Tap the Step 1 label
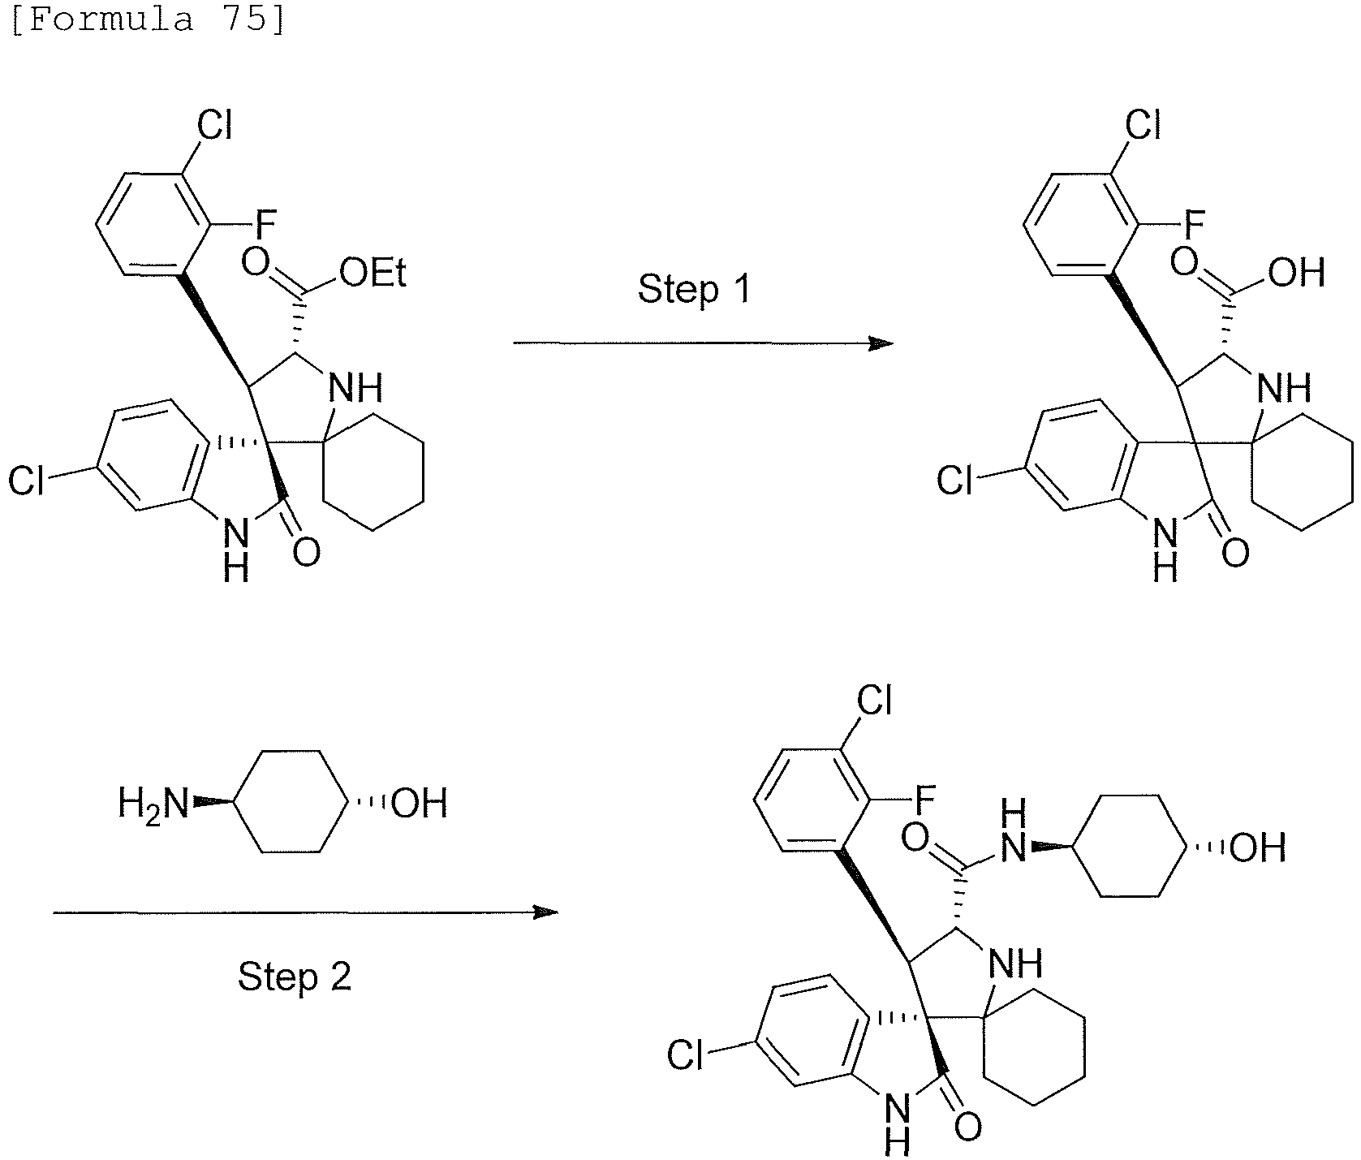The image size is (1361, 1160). pyautogui.click(x=695, y=290)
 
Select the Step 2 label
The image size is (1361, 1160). pyautogui.click(x=295, y=977)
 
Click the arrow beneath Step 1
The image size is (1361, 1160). pyautogui.click(x=703, y=343)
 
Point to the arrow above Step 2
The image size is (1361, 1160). pyautogui.click(x=306, y=913)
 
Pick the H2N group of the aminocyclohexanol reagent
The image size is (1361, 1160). pyautogui.click(x=153, y=804)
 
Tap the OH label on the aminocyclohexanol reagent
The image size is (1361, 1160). pyautogui.click(x=419, y=804)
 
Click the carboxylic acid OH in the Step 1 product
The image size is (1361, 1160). pyautogui.click(x=1296, y=274)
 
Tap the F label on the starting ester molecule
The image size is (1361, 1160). pyautogui.click(x=267, y=222)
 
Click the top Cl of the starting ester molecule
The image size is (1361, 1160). pyautogui.click(x=215, y=127)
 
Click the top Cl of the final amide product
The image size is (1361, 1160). pyautogui.click(x=874, y=700)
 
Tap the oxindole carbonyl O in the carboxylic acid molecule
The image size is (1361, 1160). pyautogui.click(x=1235, y=554)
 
